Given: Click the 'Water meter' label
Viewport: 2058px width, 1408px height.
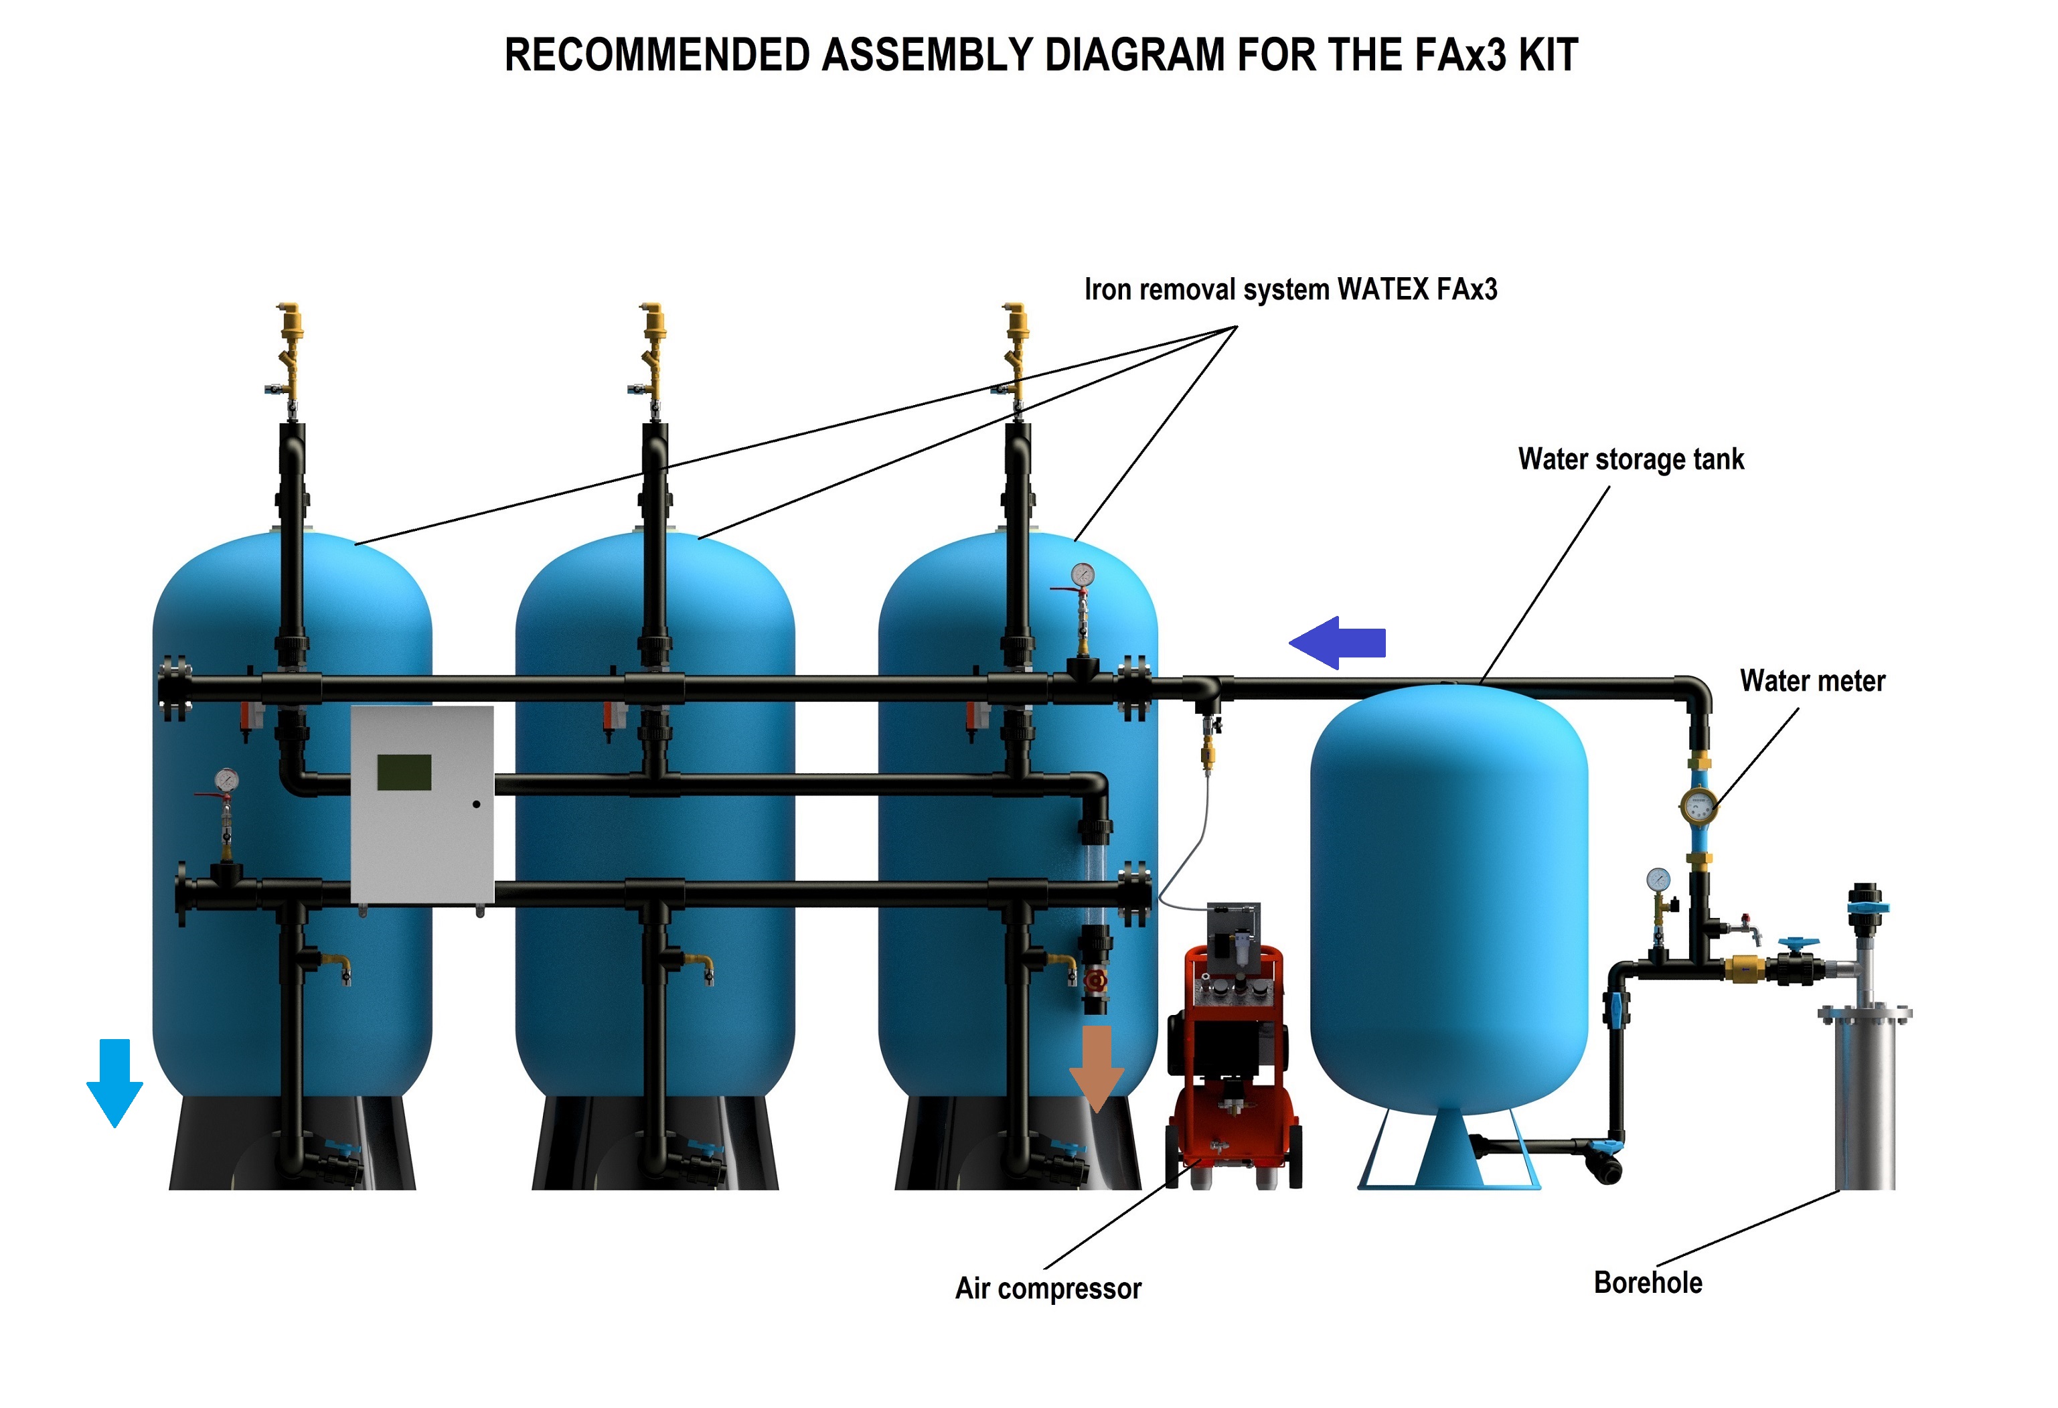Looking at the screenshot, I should coord(1812,681).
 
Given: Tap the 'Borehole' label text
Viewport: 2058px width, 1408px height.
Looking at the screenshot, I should coord(1647,1282).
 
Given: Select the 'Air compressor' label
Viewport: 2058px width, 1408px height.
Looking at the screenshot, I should coord(1048,1287).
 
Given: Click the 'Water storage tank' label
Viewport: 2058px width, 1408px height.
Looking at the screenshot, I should coord(1630,459).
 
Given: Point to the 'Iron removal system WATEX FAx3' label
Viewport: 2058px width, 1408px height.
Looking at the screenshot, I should coord(1290,290).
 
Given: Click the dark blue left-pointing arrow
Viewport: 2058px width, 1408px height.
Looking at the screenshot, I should coord(1336,642).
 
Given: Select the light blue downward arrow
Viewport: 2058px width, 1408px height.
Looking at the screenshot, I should coord(114,1081).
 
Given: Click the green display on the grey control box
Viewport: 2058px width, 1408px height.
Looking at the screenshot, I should coord(404,772).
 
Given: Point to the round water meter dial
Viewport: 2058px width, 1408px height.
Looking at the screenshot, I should coord(1698,806).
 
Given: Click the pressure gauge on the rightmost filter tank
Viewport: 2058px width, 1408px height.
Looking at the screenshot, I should coord(1081,574).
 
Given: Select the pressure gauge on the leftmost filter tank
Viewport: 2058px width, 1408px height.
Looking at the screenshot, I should coord(227,779).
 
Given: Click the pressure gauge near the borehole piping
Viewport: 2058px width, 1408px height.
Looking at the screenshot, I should coord(1658,879).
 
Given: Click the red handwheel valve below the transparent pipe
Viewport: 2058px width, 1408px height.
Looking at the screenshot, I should coord(1097,981).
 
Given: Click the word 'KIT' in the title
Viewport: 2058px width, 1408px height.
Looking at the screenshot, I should coord(1547,55).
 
